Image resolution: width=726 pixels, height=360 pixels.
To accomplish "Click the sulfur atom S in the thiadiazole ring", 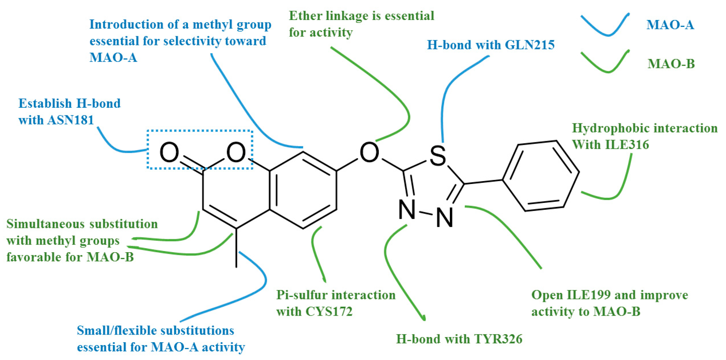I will pos(438,156).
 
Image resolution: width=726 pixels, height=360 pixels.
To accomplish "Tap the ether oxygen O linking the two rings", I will pos(369,152).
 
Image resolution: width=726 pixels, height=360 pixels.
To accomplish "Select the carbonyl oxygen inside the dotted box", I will pos(169,152).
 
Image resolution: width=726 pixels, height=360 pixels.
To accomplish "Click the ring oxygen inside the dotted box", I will pos(236,152).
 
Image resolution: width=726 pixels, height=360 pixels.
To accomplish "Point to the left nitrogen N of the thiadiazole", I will pos(407,210).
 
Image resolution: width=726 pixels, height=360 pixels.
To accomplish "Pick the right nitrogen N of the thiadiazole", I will pos(445,217).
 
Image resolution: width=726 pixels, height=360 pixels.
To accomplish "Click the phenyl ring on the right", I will pos(541,176).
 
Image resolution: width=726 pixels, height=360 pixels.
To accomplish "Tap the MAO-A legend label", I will pos(670,25).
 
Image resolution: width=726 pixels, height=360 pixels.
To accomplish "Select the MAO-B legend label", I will pos(671,64).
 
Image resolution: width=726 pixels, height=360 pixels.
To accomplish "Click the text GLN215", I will pos(530,45).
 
